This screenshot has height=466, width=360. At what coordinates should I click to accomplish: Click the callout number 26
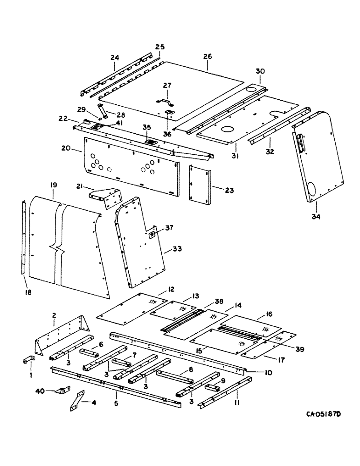click(x=208, y=56)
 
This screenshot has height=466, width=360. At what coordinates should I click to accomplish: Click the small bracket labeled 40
click(x=61, y=392)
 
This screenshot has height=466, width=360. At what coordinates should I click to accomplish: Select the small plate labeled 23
click(x=200, y=183)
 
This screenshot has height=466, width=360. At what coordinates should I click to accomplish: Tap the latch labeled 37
click(x=152, y=235)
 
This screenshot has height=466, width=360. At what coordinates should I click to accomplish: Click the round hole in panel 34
click(x=313, y=188)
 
